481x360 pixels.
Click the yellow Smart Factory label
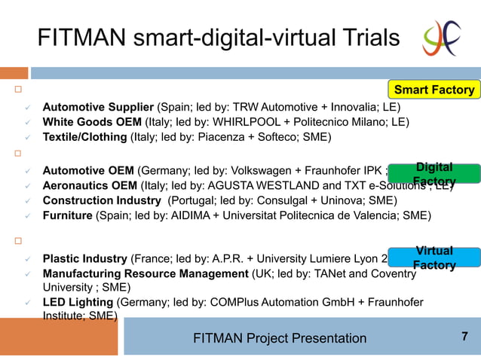pyautogui.click(x=434, y=90)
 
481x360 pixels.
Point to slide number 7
pyautogui.click(x=464, y=337)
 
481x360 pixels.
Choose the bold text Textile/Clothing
pyautogui.click(x=84, y=136)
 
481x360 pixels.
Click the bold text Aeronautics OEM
pyautogui.click(x=90, y=185)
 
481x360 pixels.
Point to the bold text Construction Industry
pyautogui.click(x=102, y=200)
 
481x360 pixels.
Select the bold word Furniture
pyautogui.click(x=67, y=215)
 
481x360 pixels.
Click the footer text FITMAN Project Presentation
pyautogui.click(x=280, y=338)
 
